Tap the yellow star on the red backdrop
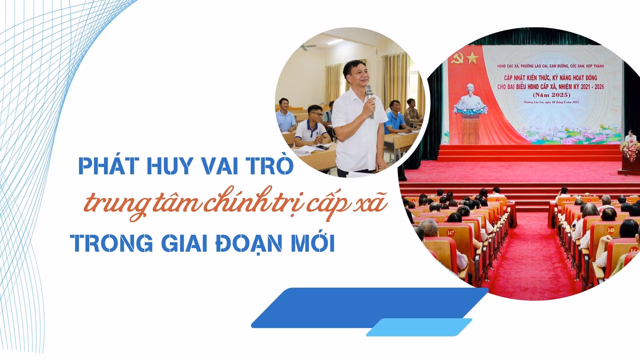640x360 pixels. pos(472,59)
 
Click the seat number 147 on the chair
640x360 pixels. pos(450,233)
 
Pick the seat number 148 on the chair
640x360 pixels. pos(611,230)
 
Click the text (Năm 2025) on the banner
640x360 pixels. pos(550,94)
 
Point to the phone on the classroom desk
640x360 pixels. pos(322,147)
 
